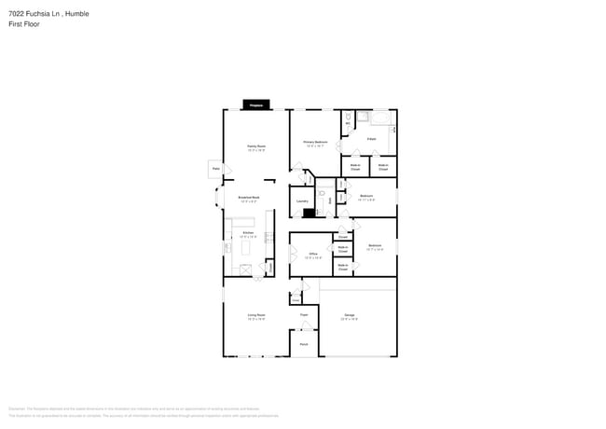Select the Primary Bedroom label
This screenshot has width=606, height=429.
(314, 142)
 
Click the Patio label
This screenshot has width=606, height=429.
(215, 168)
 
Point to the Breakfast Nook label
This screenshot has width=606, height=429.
(248, 198)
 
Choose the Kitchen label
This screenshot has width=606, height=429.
(248, 232)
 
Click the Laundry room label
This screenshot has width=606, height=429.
(302, 201)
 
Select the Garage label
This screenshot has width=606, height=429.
(350, 315)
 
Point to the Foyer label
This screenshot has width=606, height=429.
(304, 315)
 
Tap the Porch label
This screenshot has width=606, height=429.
(304, 345)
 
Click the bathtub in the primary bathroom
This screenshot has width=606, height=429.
(382, 118)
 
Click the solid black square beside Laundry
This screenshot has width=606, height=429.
(309, 213)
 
